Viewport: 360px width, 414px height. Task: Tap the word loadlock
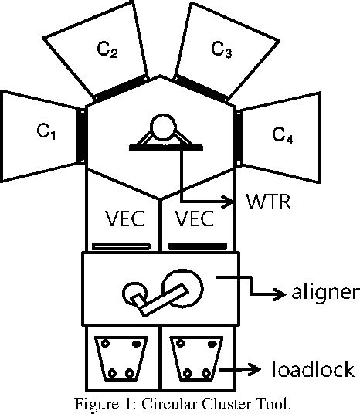pyautogui.click(x=312, y=368)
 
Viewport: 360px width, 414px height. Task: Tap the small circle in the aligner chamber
pyautogui.click(x=133, y=294)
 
